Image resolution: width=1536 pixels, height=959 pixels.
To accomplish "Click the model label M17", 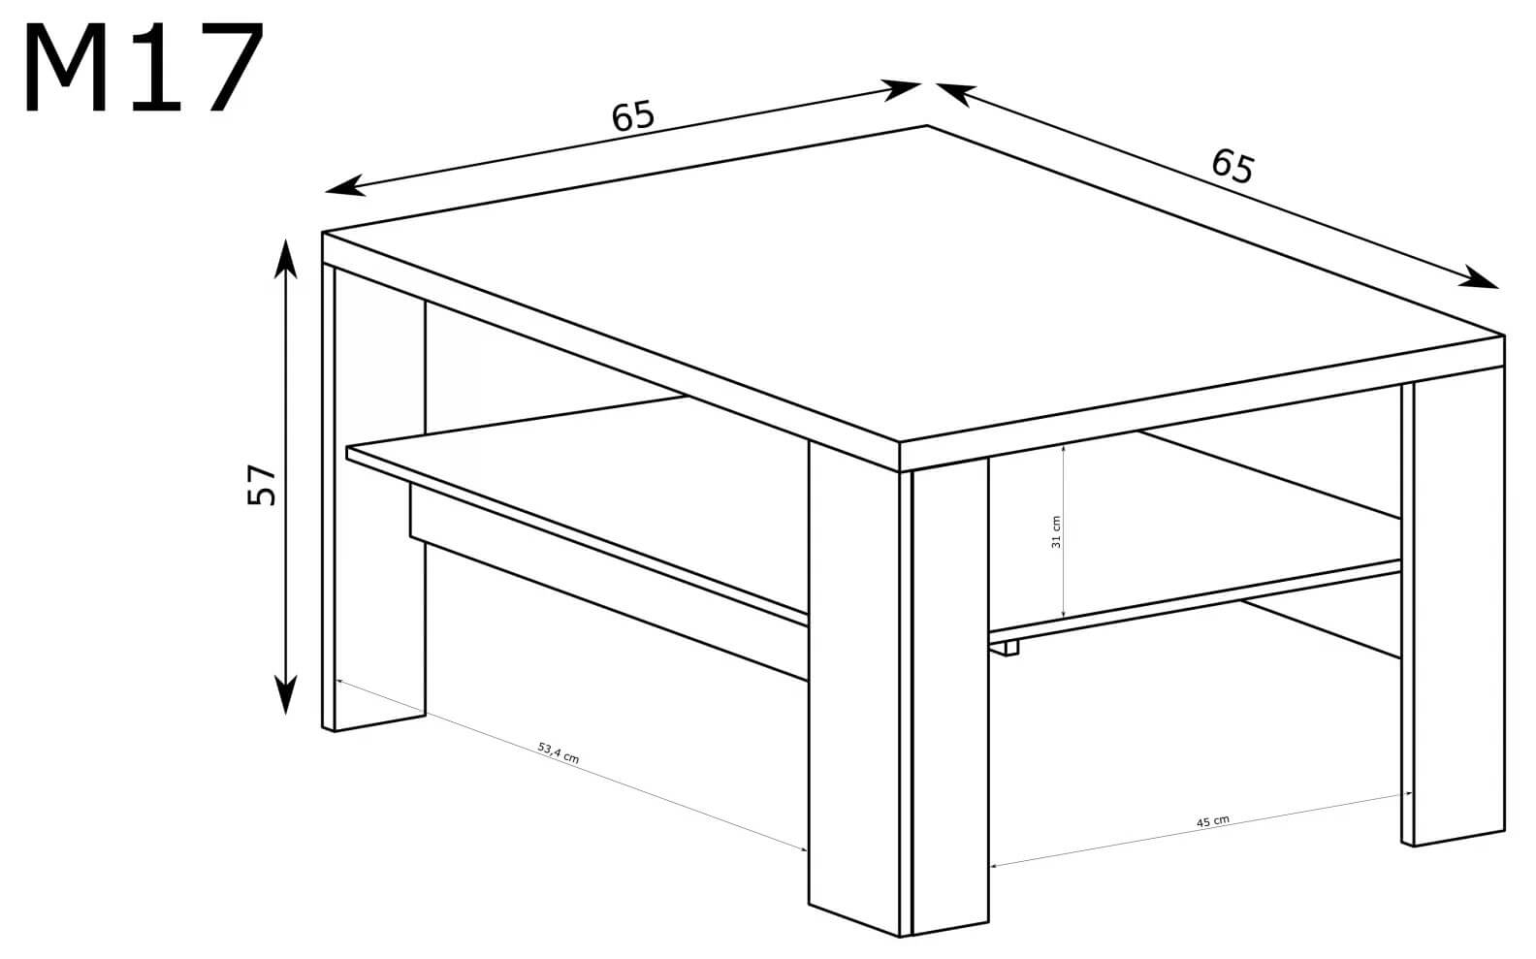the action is click(x=144, y=67).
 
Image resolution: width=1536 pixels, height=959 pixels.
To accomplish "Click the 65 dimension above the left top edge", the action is click(x=633, y=116).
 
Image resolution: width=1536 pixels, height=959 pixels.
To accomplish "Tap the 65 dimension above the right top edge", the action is click(x=1232, y=167).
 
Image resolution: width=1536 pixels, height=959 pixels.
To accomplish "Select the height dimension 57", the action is click(x=261, y=485).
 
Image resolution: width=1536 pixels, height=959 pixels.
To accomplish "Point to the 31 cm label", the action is click(x=1056, y=532).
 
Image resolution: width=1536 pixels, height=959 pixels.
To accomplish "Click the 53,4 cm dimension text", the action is click(x=559, y=752).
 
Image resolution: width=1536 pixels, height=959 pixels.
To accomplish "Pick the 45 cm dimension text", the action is click(x=1213, y=821).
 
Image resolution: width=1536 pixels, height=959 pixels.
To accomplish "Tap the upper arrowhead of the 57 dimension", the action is click(x=285, y=259).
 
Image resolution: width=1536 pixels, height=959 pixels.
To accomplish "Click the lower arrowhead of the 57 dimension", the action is click(x=285, y=693).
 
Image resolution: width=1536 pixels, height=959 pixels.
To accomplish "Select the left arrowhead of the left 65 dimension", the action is click(x=345, y=186).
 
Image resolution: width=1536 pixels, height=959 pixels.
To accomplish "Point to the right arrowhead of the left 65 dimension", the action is click(x=900, y=90).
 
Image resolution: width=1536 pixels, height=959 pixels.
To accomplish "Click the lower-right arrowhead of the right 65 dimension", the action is click(x=1479, y=277).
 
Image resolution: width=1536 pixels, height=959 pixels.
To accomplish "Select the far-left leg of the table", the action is click(x=373, y=497).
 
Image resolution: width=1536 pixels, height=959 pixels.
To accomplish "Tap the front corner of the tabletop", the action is click(x=899, y=442).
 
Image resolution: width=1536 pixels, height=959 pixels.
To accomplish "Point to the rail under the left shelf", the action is click(x=608, y=583).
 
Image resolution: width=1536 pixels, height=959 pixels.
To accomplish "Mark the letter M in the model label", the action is click(x=66, y=67).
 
